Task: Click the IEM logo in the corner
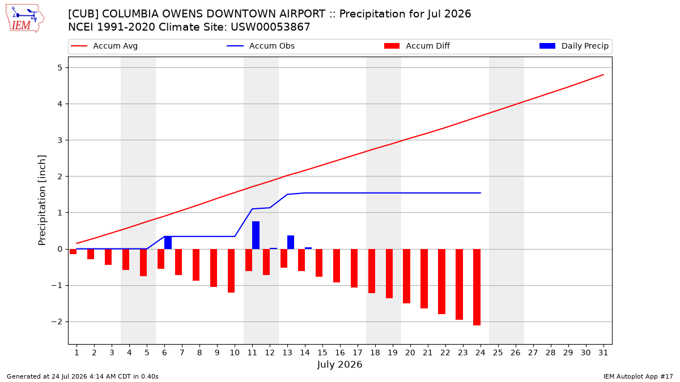[x=25, y=19]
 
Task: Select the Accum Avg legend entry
[x=104, y=46]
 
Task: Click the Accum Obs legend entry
[x=261, y=46]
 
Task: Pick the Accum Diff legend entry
[x=417, y=46]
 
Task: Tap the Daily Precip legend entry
[x=573, y=46]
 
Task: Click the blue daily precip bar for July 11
[x=256, y=235]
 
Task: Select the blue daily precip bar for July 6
[x=168, y=243]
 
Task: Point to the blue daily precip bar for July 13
[x=291, y=242]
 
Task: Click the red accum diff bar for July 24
[x=477, y=287]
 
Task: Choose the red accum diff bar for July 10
[x=231, y=271]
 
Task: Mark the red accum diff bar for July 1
[x=73, y=252]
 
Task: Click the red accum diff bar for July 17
[x=354, y=268]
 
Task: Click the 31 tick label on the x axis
[x=603, y=353]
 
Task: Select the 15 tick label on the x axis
[x=322, y=353]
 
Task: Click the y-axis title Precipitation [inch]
[x=42, y=200]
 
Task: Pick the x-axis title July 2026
[x=339, y=364]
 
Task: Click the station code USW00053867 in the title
[x=270, y=27]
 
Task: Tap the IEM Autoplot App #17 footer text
[x=638, y=376]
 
